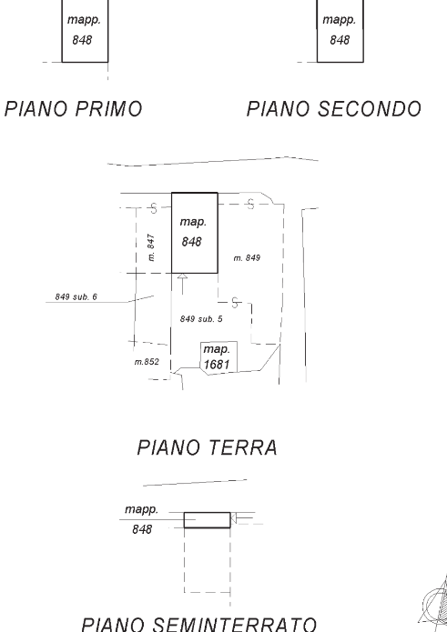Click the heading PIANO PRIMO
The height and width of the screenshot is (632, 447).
click(74, 109)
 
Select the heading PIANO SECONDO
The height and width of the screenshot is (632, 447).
click(334, 109)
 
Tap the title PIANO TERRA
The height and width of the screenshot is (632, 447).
click(208, 447)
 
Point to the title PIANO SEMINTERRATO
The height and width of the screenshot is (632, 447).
click(198, 625)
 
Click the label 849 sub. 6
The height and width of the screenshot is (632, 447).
click(76, 297)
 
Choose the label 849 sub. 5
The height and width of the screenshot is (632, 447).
click(201, 319)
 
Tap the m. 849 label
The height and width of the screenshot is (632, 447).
click(247, 258)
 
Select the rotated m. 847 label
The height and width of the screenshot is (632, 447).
click(150, 247)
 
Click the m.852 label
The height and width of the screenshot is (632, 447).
click(147, 362)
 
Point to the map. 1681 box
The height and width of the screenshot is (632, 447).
click(218, 357)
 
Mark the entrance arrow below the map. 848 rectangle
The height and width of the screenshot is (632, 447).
click(183, 284)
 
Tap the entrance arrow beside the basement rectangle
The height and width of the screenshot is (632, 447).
click(242, 518)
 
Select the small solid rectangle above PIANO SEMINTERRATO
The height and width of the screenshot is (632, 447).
click(208, 520)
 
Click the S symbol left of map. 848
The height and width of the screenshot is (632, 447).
click(153, 208)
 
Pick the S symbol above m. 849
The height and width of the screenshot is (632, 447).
click(251, 205)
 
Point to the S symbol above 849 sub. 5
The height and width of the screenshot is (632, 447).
click(235, 302)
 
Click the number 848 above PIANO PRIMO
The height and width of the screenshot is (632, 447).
click(82, 40)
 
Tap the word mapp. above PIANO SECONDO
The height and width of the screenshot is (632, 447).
click(340, 20)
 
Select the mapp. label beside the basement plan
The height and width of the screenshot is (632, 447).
click(141, 509)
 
